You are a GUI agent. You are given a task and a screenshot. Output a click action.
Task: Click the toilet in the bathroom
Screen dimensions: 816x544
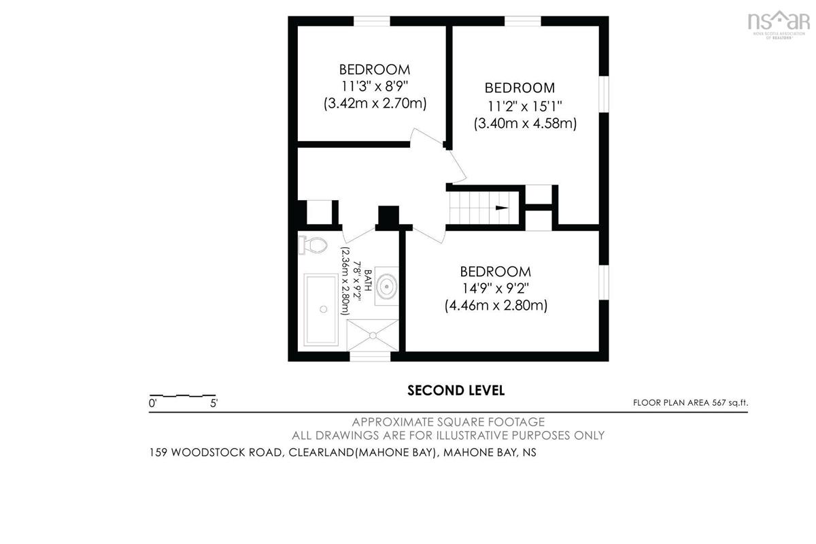click(x=313, y=244)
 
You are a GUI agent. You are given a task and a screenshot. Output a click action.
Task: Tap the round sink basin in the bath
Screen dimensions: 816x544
click(x=386, y=286)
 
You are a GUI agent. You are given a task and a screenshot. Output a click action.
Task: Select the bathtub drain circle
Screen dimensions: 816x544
click(x=323, y=309)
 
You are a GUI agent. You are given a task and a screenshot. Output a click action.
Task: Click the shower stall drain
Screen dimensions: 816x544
click(x=373, y=335)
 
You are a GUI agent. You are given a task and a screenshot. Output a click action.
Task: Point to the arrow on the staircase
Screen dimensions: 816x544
click(x=502, y=208)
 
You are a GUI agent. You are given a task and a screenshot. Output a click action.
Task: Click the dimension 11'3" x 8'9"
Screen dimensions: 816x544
click(x=375, y=86)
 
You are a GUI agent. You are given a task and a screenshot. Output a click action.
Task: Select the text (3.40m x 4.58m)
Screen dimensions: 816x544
click(x=525, y=123)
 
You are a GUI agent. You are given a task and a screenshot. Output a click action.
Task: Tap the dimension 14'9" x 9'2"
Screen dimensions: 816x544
click(x=496, y=289)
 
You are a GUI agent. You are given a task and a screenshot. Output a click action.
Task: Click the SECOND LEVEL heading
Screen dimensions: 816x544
click(x=456, y=390)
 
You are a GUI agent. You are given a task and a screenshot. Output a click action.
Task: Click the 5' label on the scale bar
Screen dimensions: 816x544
click(x=214, y=404)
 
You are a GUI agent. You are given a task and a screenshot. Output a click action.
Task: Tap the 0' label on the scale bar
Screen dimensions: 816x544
click(x=152, y=404)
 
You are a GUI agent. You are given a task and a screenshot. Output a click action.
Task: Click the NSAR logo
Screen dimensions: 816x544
click(x=779, y=24)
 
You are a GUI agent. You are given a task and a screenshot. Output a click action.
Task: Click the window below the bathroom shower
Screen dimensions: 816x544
click(x=370, y=357)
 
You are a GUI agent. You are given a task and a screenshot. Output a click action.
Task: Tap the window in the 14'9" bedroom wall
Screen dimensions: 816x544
click(x=604, y=283)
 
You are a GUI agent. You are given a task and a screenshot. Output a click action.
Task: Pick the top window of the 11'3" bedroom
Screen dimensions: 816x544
click(x=372, y=21)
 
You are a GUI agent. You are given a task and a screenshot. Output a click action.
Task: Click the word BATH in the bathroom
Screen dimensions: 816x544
click(x=368, y=280)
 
